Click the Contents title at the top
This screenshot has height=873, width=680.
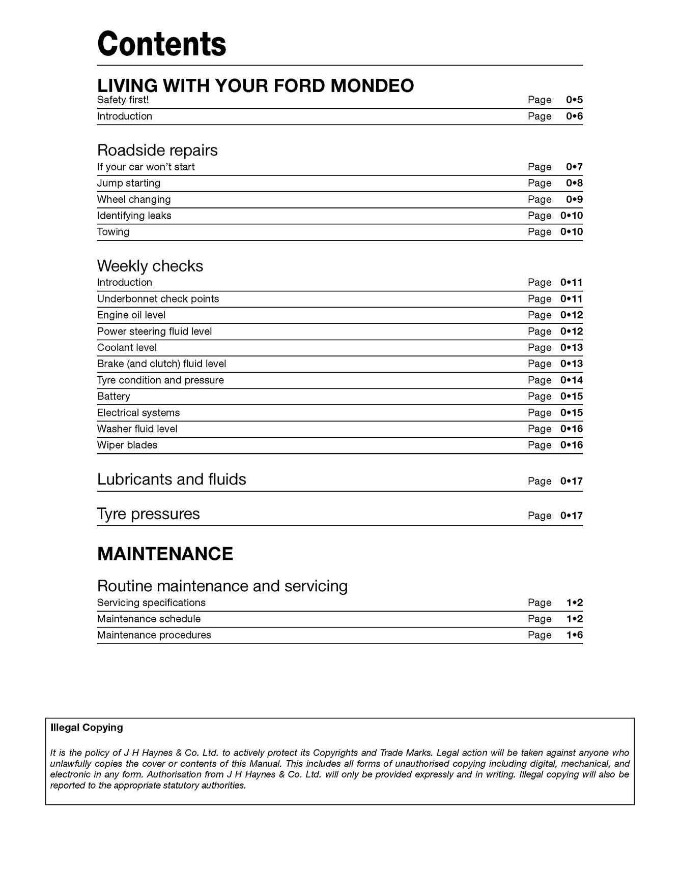point(161,44)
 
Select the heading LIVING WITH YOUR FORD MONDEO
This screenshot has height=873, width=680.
point(255,85)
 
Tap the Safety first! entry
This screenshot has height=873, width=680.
point(123,100)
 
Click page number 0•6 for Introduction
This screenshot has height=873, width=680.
point(574,116)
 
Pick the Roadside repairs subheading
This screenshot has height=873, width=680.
point(157,150)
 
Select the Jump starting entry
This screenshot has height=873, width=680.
point(128,183)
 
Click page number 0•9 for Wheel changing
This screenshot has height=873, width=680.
point(574,199)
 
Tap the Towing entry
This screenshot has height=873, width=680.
point(113,232)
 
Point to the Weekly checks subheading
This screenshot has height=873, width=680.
point(150,266)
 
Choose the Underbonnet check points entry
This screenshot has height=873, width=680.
point(158,299)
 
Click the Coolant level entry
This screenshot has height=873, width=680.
point(127,348)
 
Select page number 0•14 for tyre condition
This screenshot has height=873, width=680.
point(572,380)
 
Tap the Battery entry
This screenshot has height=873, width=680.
point(114,397)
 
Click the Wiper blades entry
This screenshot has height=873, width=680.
point(127,445)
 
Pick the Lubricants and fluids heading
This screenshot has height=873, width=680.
point(172,479)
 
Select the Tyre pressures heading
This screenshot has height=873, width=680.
point(148,514)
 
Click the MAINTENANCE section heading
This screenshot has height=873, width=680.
point(165,554)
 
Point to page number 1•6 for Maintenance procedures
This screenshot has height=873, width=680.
point(574,635)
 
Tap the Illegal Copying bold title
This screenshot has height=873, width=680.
point(87,728)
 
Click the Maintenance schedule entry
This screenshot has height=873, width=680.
point(149,619)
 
